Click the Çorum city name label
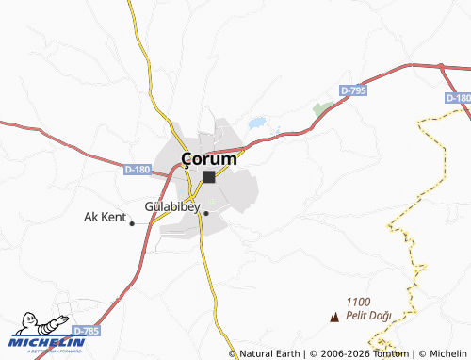point(208,159)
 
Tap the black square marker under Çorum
point(208,176)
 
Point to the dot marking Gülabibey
point(206,214)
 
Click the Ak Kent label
point(105,217)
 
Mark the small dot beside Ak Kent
point(132,223)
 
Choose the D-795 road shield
point(353,90)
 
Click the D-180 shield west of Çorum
point(137,170)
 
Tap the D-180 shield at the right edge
point(457,98)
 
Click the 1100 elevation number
point(359,301)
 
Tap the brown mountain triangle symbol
point(333,318)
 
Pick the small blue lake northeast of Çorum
point(255,123)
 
